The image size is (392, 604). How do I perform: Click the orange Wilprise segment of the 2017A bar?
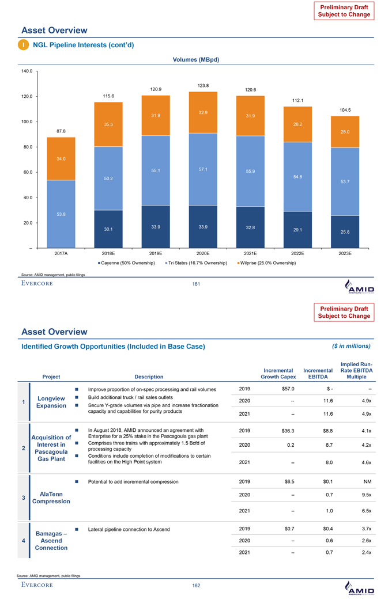(61, 158)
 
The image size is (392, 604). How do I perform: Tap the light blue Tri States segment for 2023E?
(345, 181)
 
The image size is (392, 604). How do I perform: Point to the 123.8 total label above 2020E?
(203, 86)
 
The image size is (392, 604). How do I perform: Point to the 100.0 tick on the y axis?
(25, 121)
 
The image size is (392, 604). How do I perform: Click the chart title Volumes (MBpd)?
(196, 59)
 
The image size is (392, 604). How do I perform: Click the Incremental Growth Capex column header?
(278, 374)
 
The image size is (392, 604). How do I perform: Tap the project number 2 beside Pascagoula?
(22, 447)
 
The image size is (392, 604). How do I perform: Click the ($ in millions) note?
(351, 345)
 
